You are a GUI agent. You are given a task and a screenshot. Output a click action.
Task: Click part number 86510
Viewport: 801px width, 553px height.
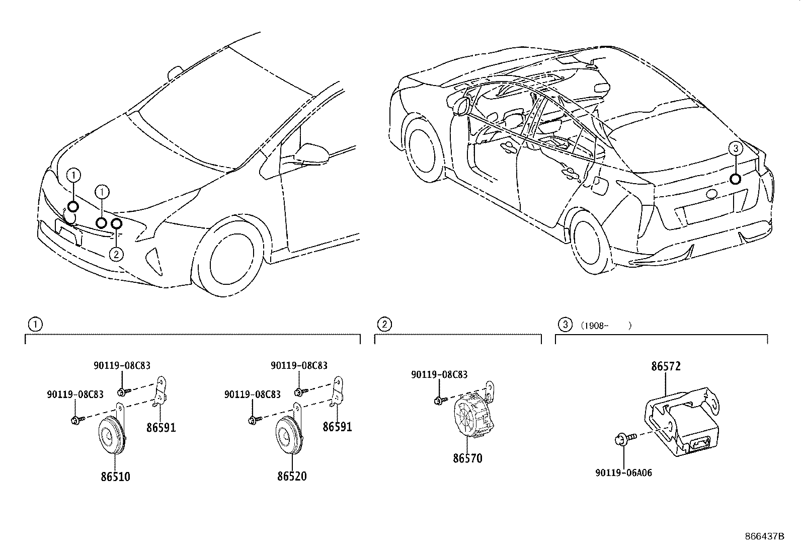(115, 476)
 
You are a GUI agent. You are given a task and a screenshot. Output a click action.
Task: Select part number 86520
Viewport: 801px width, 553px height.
(292, 476)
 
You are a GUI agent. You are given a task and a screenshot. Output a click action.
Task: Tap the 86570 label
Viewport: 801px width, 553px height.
(467, 458)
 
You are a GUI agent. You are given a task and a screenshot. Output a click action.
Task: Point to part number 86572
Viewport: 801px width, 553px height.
(666, 366)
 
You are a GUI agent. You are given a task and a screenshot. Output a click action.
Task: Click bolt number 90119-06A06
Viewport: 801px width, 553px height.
(623, 473)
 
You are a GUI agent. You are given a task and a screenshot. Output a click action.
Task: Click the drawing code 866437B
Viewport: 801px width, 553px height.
(765, 536)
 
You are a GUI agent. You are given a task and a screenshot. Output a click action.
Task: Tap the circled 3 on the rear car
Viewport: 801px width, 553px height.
(735, 148)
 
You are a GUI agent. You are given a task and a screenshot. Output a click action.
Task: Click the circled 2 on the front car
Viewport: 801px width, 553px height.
(116, 255)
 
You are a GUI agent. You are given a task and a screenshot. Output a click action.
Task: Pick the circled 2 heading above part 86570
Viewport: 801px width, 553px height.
(384, 325)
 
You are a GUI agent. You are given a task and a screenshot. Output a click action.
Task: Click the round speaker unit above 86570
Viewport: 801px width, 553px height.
(471, 415)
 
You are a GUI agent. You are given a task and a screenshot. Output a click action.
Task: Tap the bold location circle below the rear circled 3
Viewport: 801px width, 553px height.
(735, 179)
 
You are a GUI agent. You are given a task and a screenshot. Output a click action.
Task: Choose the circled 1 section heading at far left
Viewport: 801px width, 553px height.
(35, 325)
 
